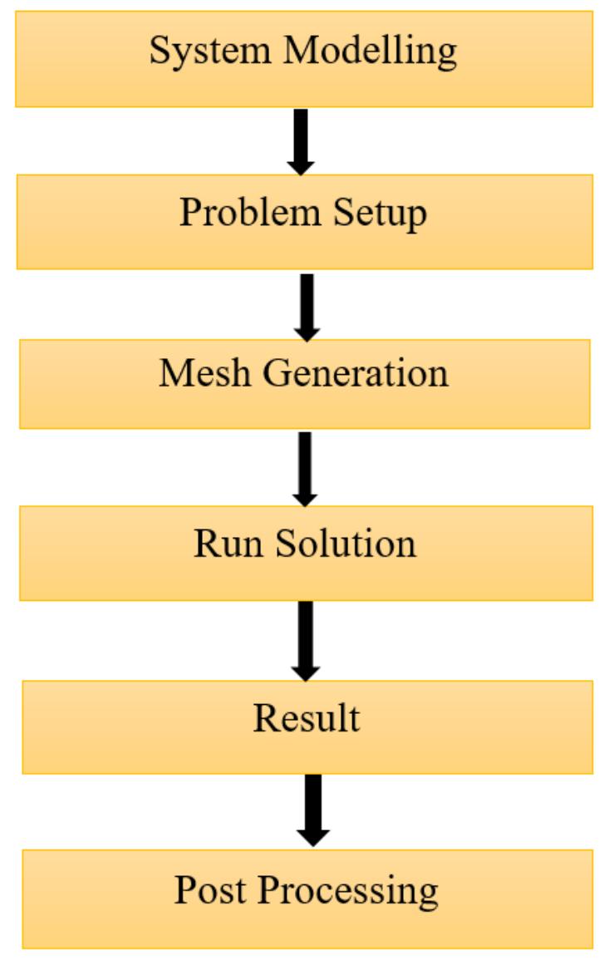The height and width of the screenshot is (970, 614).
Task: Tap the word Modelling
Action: pyautogui.click(x=370, y=52)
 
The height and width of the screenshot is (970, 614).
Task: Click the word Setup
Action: pyautogui.click(x=381, y=214)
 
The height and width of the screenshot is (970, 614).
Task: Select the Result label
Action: pyautogui.click(x=307, y=718)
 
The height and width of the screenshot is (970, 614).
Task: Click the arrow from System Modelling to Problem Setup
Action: pyautogui.click(x=301, y=140)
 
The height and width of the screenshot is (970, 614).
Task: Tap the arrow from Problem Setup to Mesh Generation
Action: pyautogui.click(x=307, y=305)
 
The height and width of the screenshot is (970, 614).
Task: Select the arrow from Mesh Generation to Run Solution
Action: pyautogui.click(x=305, y=467)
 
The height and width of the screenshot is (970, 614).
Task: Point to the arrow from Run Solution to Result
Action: pyautogui.click(x=306, y=639)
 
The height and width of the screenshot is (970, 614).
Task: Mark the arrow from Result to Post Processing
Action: pyautogui.click(x=312, y=810)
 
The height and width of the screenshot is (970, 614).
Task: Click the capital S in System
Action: pyautogui.click(x=159, y=52)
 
